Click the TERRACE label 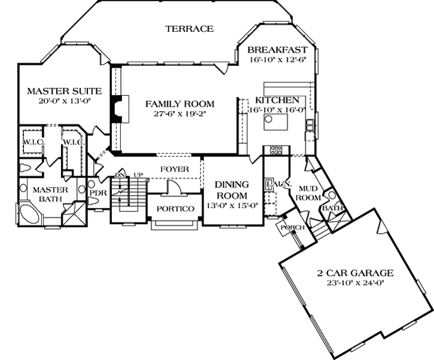coord(189,28)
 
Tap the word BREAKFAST coord(278,50)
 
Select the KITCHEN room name coord(277,100)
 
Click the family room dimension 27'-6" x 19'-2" coord(180,114)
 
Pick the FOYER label coord(174,169)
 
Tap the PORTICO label coord(175,208)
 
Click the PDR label coord(98,193)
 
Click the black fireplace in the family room coord(115,108)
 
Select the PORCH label coord(293,228)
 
